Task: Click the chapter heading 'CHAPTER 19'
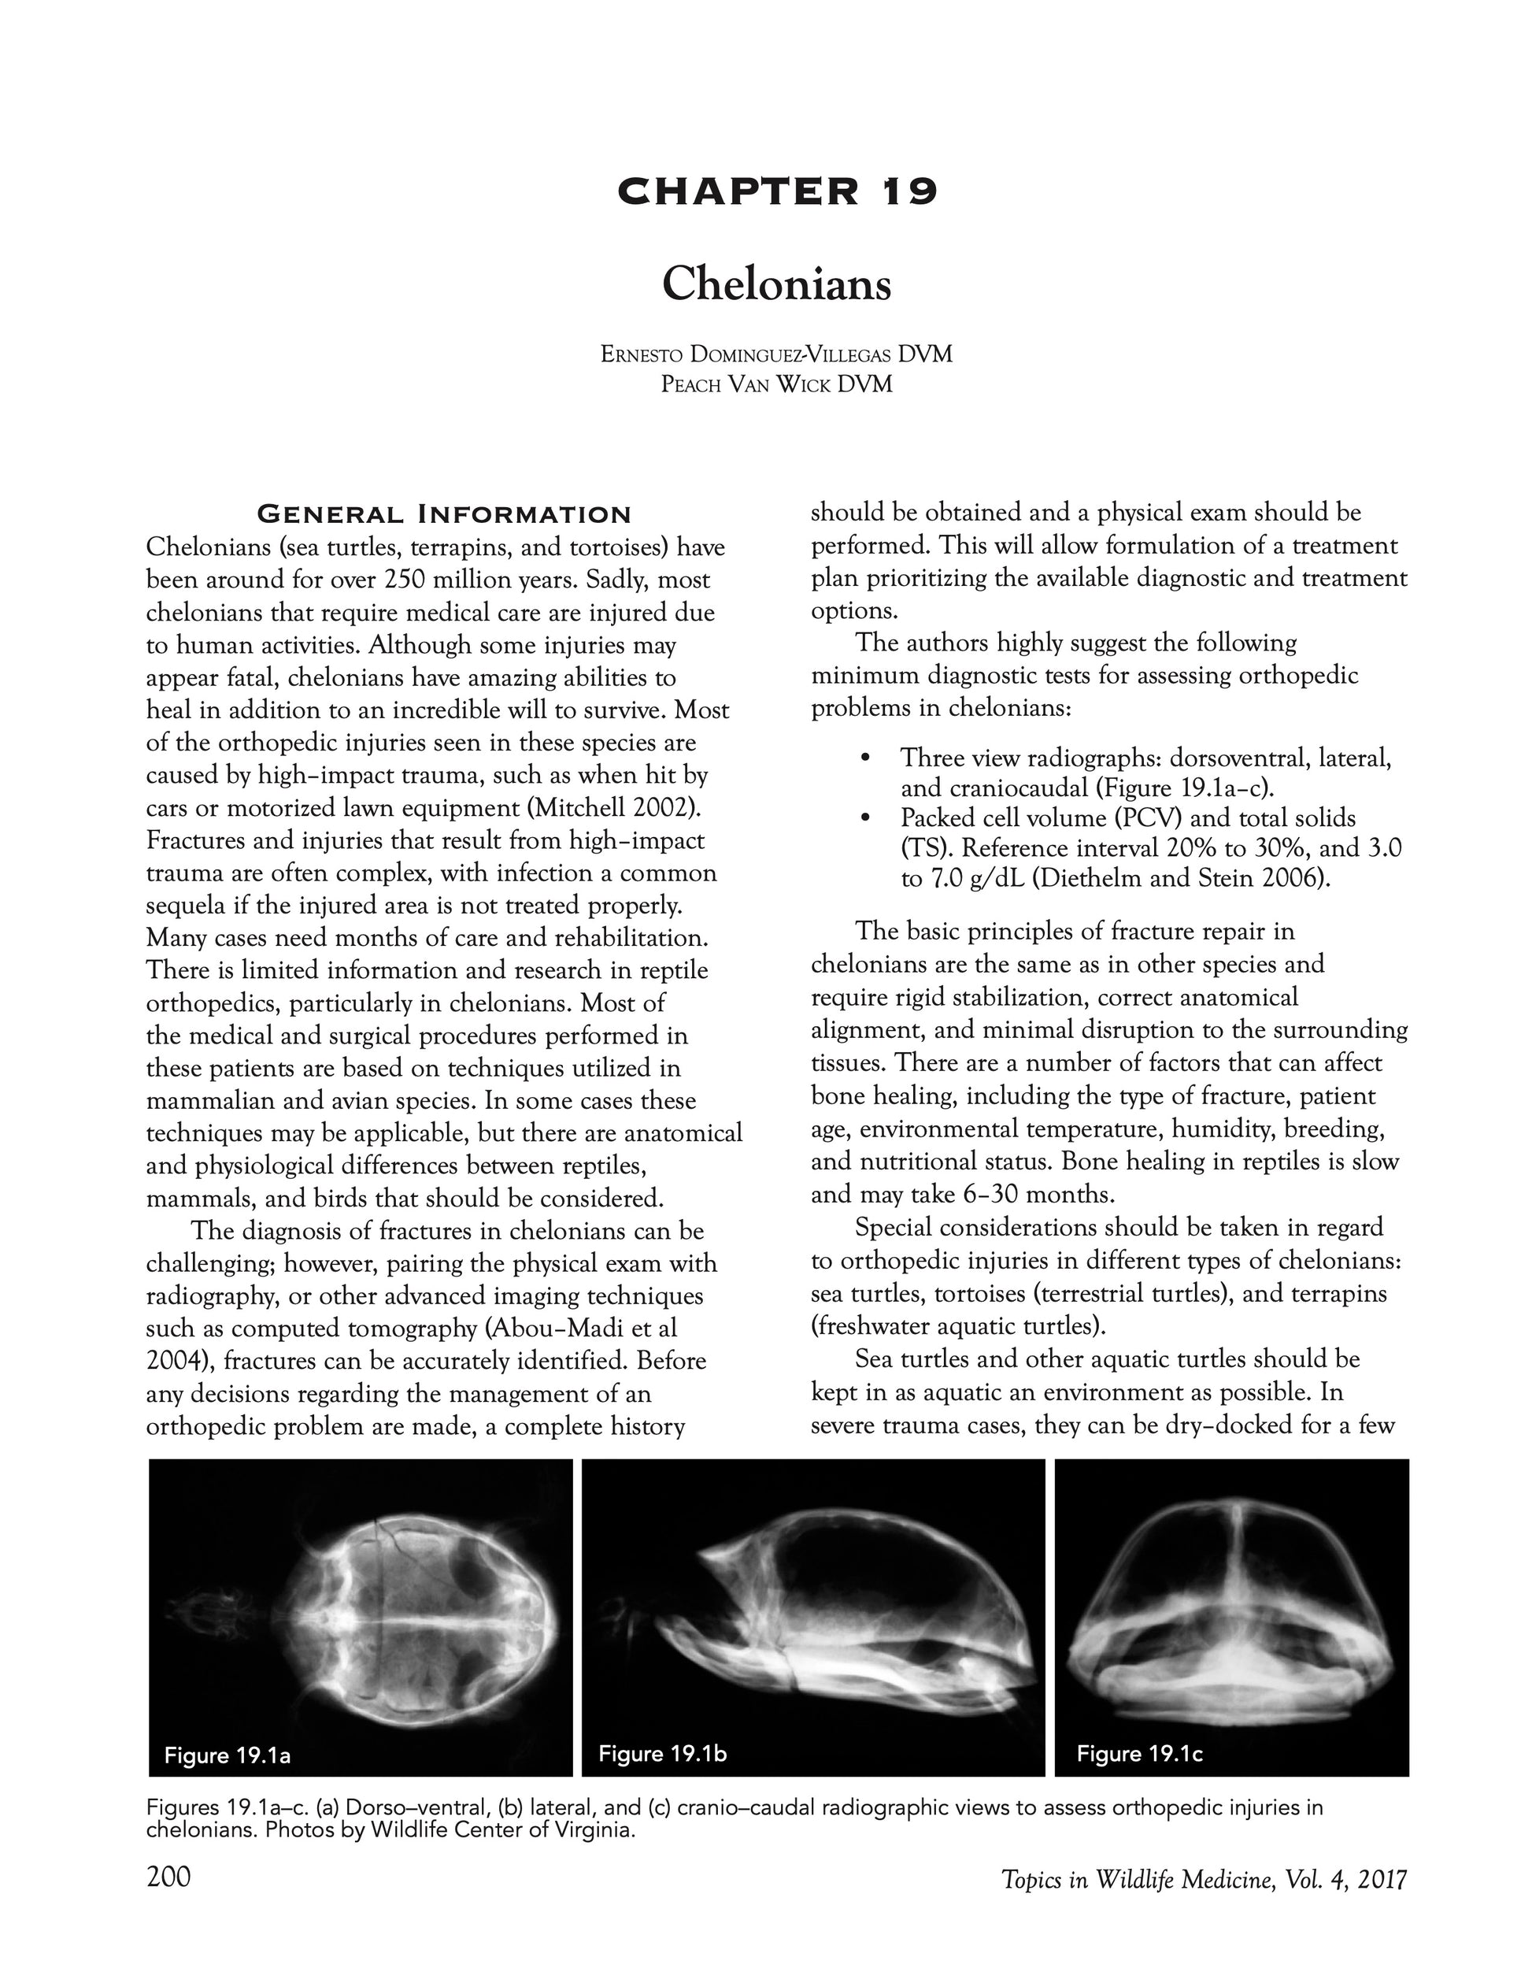pyautogui.click(x=776, y=191)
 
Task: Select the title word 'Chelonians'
pyautogui.click(x=776, y=284)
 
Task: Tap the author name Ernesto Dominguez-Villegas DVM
pyautogui.click(x=776, y=354)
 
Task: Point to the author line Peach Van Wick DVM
pyautogui.click(x=776, y=384)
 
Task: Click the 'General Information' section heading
pyautogui.click(x=444, y=515)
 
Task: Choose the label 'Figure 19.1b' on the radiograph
pyautogui.click(x=663, y=1753)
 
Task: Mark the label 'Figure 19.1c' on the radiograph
pyautogui.click(x=1139, y=1753)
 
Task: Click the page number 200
pyautogui.click(x=168, y=1876)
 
